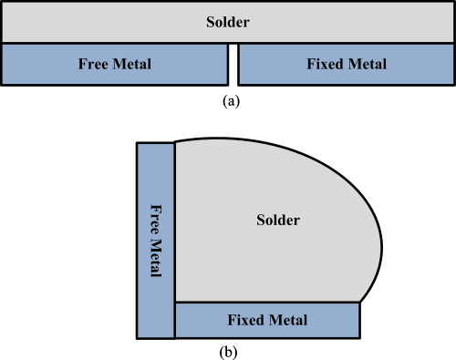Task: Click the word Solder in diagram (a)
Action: [228, 21]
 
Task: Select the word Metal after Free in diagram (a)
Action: [131, 65]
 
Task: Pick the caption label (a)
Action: [231, 102]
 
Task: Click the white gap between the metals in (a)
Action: [233, 64]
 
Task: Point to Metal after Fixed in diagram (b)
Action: [289, 321]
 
